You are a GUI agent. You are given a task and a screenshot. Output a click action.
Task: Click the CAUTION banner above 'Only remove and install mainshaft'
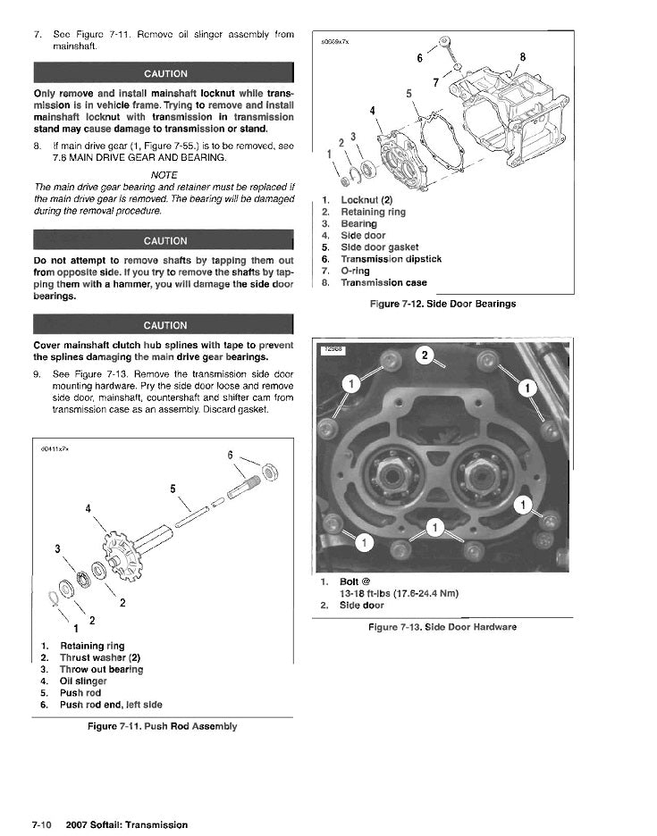pyautogui.click(x=164, y=73)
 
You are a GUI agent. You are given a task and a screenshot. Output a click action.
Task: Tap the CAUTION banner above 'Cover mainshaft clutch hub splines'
pyautogui.click(x=164, y=325)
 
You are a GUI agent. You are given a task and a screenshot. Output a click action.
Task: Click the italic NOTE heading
pyautogui.click(x=164, y=174)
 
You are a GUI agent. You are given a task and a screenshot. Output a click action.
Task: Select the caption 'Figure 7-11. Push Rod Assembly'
pyautogui.click(x=163, y=726)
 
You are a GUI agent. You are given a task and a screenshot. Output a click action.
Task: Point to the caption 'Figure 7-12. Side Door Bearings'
pyautogui.click(x=442, y=304)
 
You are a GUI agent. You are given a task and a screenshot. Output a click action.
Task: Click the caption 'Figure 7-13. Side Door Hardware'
pyautogui.click(x=442, y=627)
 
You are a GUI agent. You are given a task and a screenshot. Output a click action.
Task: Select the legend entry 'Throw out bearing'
pyautogui.click(x=101, y=669)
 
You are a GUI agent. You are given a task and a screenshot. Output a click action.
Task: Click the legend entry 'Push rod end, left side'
pyautogui.click(x=111, y=704)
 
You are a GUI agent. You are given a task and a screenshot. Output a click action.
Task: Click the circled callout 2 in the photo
pyautogui.click(x=425, y=356)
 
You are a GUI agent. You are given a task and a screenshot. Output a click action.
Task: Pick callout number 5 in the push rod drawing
pyautogui.click(x=172, y=488)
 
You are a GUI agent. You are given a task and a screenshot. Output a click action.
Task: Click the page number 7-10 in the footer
pyautogui.click(x=45, y=824)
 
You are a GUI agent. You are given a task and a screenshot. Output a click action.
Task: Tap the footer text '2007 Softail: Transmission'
pyautogui.click(x=127, y=824)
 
